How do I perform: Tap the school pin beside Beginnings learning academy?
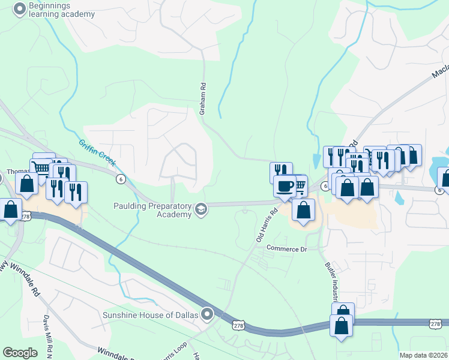click(19, 9)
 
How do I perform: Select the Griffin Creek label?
click(95, 153)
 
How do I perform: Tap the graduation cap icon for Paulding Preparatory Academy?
click(200, 209)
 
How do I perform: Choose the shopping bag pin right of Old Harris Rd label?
click(304, 210)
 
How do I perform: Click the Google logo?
click(20, 353)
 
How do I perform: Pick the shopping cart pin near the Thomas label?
click(41, 168)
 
